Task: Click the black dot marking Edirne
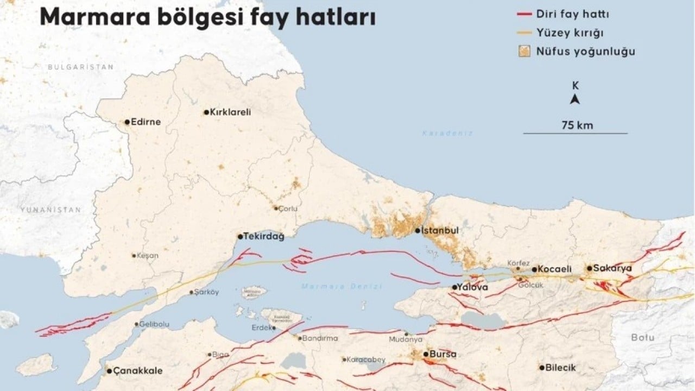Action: (127, 122)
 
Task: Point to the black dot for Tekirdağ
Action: (240, 237)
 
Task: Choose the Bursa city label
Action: (443, 354)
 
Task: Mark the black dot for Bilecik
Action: (541, 367)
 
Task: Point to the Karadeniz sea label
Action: (448, 133)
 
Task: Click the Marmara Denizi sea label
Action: (342, 286)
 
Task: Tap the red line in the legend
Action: (524, 15)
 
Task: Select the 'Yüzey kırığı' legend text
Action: (578, 33)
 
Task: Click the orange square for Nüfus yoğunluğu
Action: (524, 52)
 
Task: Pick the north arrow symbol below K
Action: (575, 99)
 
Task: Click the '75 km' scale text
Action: (577, 125)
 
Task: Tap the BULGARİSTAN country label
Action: (80, 67)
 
